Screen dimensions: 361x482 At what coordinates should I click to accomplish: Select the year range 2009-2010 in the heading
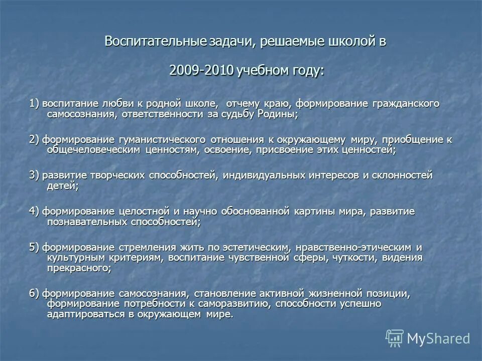pos(201,70)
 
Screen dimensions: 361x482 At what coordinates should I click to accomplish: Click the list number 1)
pos(34,103)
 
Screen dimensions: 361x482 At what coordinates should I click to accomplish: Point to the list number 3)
pos(34,175)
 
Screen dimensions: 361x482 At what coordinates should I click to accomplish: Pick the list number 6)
pos(34,293)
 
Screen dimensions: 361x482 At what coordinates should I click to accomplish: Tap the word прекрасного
pos(78,268)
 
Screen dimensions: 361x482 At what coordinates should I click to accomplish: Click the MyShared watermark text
pos(438,338)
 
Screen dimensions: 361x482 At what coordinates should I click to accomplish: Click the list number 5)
pos(34,247)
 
